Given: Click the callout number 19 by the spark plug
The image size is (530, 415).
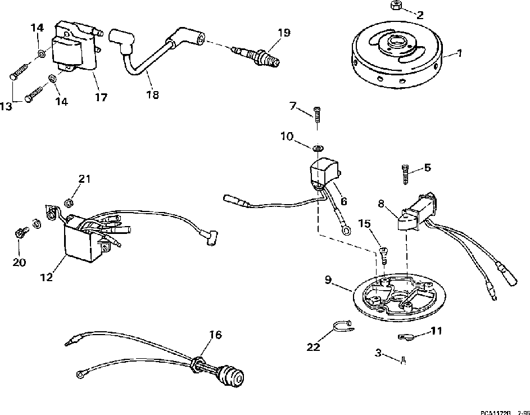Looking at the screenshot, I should pos(284,33).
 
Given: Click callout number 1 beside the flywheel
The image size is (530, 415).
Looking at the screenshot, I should pos(459,53).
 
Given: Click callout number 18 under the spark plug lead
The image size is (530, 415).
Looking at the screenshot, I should pos(152,95).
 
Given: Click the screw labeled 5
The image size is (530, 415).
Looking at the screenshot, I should pos(406,174).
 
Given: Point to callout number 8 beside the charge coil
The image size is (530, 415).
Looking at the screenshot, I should pos(380,205).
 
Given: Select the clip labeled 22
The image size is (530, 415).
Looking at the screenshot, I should pos(341,327).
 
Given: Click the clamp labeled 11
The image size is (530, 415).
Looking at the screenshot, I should pos(405,336).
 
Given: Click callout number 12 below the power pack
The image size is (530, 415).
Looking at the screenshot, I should pos(46,277).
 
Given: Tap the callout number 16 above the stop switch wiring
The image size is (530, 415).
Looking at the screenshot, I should pos(215,335).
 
